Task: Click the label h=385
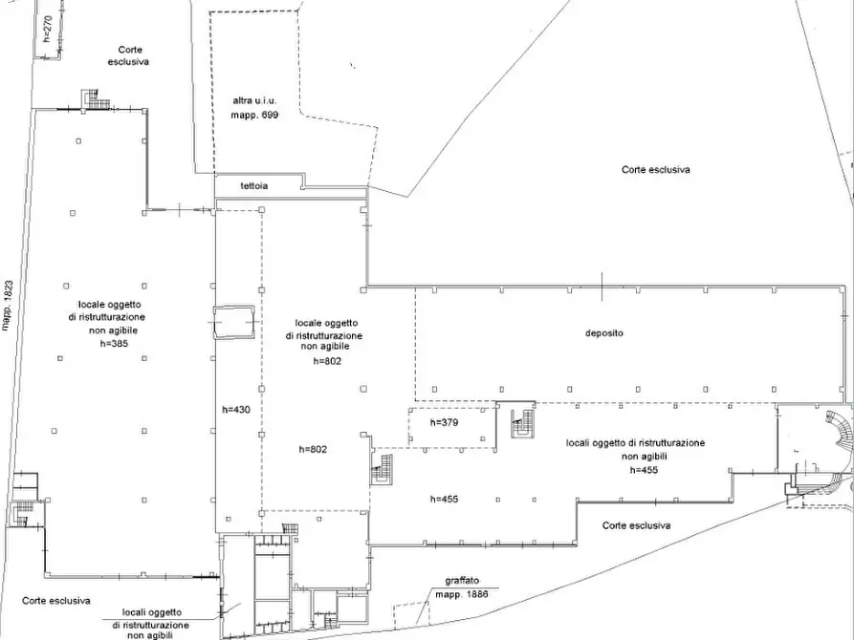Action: pyautogui.click(x=114, y=343)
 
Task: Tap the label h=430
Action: pyautogui.click(x=236, y=410)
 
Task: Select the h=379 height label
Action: pyautogui.click(x=444, y=422)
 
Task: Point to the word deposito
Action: pyautogui.click(x=604, y=333)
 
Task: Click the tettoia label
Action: pyautogui.click(x=254, y=185)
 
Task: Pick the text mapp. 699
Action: pyautogui.click(x=254, y=115)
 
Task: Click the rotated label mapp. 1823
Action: pyautogui.click(x=7, y=306)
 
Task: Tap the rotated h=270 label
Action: pyautogui.click(x=48, y=29)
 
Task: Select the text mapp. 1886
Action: pyautogui.click(x=461, y=594)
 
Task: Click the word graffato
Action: pyautogui.click(x=462, y=581)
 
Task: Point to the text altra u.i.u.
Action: pyautogui.click(x=254, y=100)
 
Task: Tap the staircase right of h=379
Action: pyautogui.click(x=523, y=424)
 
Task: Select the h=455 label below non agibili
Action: pyautogui.click(x=644, y=470)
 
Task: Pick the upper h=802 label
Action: pyautogui.click(x=327, y=361)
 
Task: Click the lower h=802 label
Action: pyautogui.click(x=313, y=449)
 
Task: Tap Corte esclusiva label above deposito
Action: pyautogui.click(x=656, y=170)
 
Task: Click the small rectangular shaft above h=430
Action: pyautogui.click(x=234, y=323)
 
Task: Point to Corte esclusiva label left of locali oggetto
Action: pyautogui.click(x=56, y=601)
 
